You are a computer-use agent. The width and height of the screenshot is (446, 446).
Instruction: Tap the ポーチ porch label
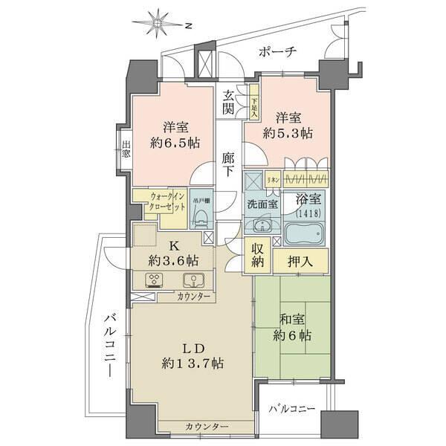277,51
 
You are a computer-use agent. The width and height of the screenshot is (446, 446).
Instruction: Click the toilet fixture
199,216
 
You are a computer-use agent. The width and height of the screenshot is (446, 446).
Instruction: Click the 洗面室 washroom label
263,204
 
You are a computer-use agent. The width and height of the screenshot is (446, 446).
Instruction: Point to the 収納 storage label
257,255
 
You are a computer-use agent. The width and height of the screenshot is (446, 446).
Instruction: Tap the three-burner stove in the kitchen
155,280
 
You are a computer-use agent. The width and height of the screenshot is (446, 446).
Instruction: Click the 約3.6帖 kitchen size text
172,261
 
